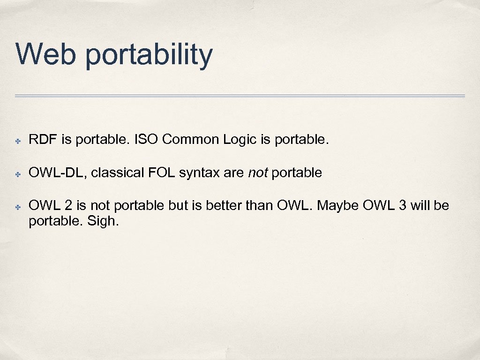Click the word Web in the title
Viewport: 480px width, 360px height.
[45, 54]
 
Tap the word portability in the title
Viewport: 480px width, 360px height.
[149, 55]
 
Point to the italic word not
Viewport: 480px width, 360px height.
[257, 173]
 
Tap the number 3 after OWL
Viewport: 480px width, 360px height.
[402, 206]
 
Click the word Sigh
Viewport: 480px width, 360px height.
[103, 221]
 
